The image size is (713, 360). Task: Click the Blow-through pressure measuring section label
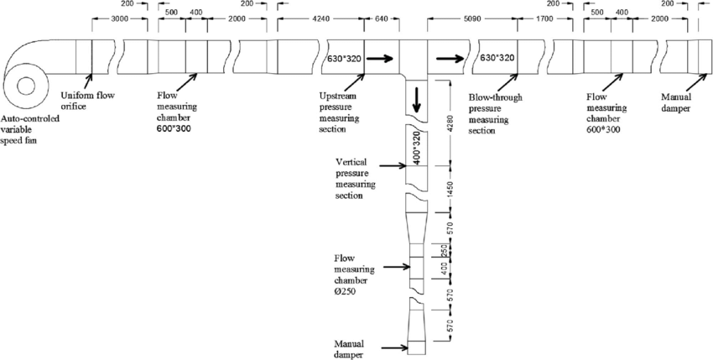click(x=495, y=113)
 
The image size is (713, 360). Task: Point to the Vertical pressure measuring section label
click(x=355, y=176)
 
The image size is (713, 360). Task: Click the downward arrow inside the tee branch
click(x=415, y=102)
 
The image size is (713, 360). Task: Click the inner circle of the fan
click(x=24, y=86)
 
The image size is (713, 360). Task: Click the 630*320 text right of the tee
click(x=497, y=59)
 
